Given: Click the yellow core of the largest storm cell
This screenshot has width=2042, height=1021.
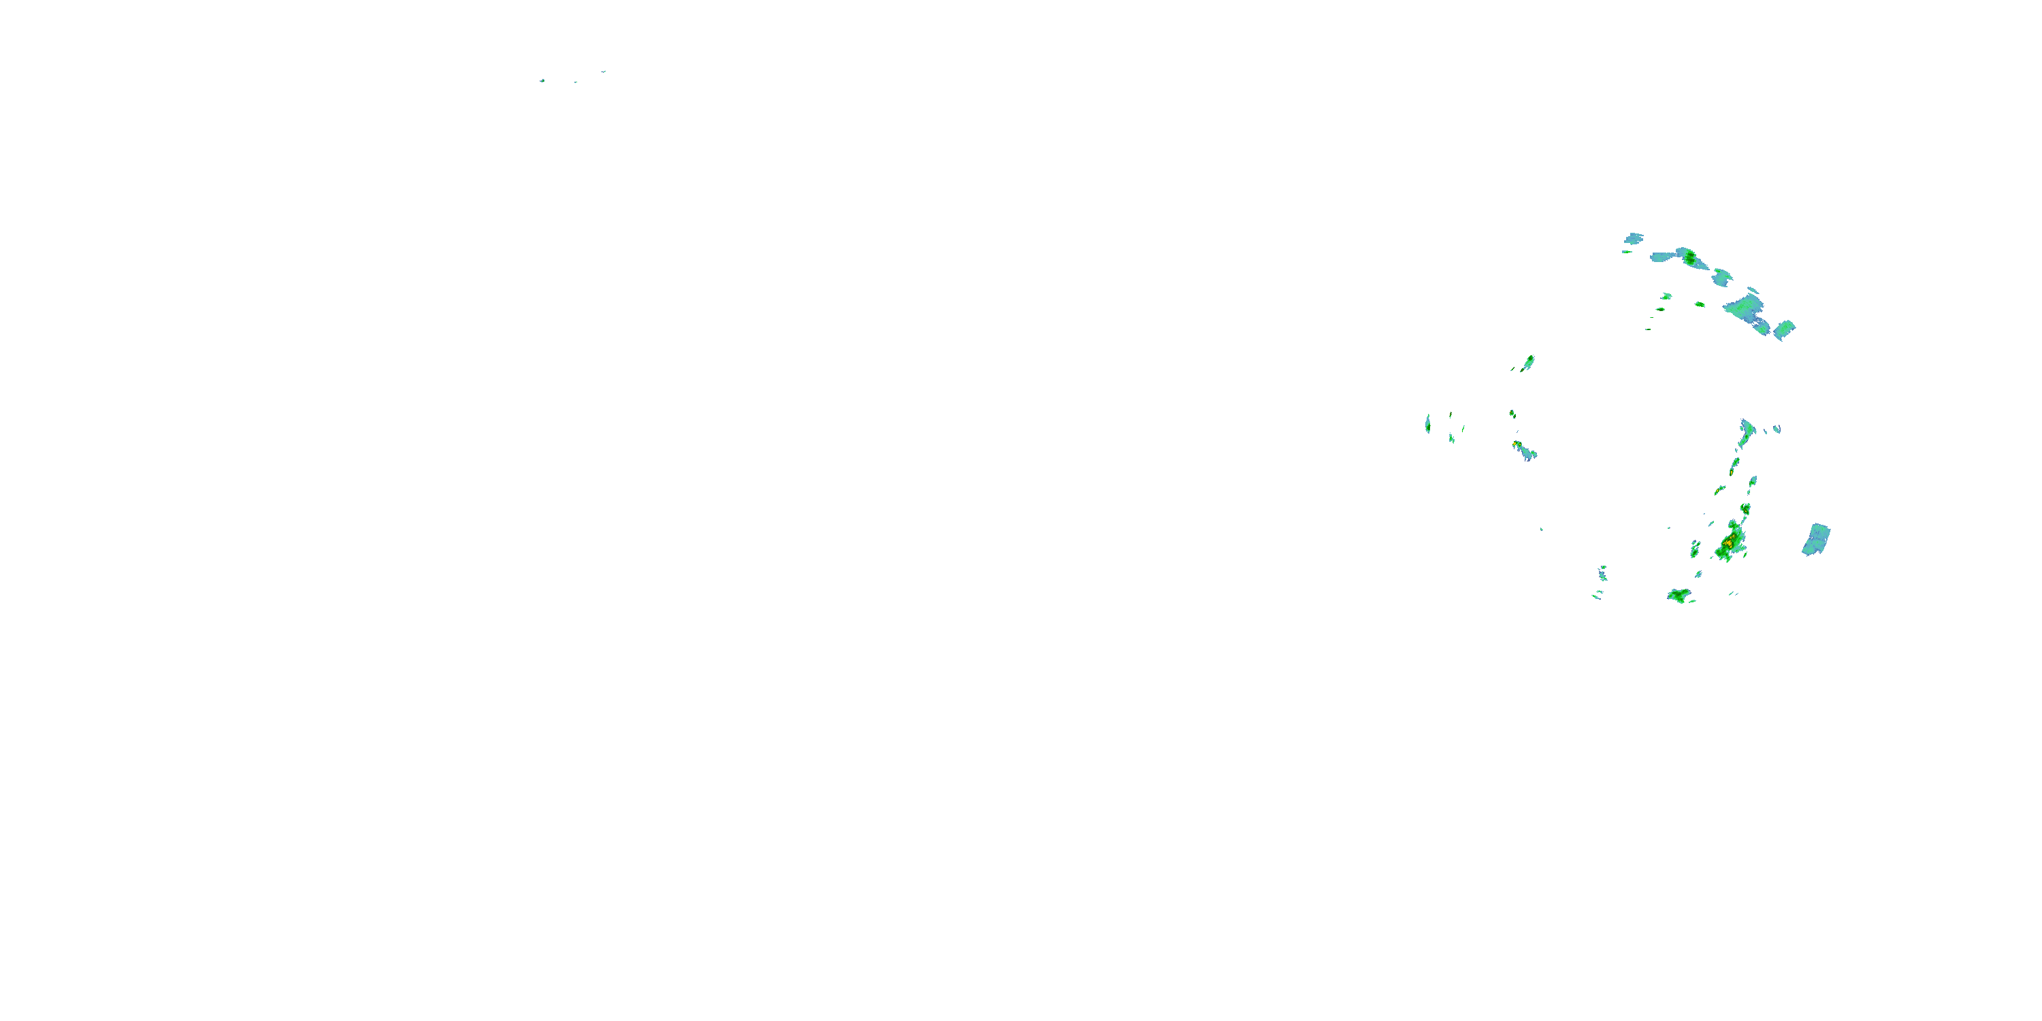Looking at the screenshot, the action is pyautogui.click(x=1728, y=543).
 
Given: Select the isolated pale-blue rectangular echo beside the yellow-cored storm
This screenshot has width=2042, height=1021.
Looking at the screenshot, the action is pyautogui.click(x=1816, y=539).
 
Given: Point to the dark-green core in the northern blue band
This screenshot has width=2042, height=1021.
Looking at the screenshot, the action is pyautogui.click(x=1690, y=257).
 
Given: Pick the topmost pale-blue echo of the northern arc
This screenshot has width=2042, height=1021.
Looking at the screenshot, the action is pyautogui.click(x=1633, y=238).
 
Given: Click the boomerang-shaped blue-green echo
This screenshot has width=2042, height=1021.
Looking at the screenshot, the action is pyautogui.click(x=1747, y=433).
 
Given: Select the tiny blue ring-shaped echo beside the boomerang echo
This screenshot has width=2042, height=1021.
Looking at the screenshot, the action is pyautogui.click(x=1777, y=429).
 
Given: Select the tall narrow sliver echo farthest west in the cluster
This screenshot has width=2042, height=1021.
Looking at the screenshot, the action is pyautogui.click(x=1427, y=423).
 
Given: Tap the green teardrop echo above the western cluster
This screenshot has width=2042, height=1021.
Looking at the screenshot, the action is pyautogui.click(x=1528, y=362).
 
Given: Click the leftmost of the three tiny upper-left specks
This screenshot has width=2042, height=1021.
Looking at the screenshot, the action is pyautogui.click(x=542, y=80).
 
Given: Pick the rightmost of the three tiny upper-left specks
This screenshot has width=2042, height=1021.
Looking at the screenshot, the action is pyautogui.click(x=603, y=71).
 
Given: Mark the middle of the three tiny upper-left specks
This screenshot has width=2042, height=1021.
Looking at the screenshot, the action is pyautogui.click(x=575, y=82).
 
